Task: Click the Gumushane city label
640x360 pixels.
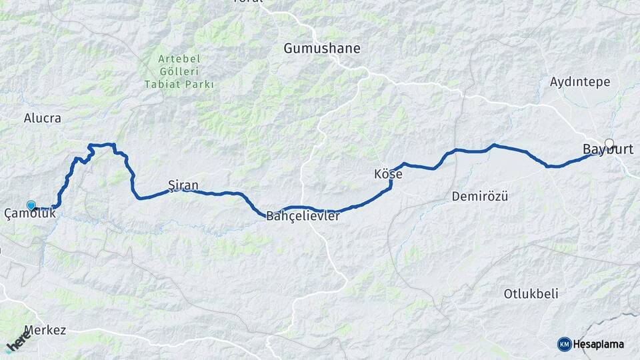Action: point(322,48)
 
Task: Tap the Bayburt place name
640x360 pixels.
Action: point(608,149)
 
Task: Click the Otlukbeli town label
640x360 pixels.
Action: point(531,293)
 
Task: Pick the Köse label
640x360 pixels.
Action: point(388,174)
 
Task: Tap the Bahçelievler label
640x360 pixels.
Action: point(303,216)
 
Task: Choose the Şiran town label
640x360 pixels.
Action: point(183,185)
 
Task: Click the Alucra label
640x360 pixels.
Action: point(42,118)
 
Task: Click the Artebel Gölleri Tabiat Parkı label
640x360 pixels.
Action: point(179,71)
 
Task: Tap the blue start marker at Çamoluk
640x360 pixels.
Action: point(31,205)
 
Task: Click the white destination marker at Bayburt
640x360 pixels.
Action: point(609,143)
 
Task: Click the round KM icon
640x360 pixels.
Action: point(565,344)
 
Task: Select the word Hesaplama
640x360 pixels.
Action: point(599,344)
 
